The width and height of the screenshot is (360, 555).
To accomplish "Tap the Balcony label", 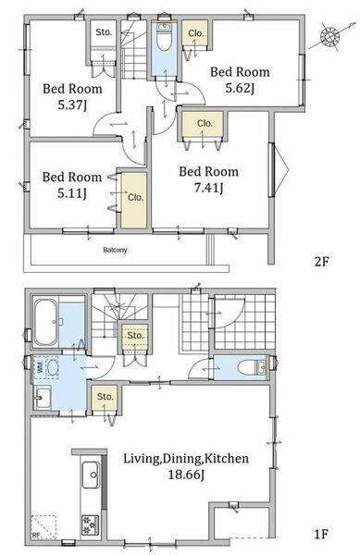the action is coord(115,250).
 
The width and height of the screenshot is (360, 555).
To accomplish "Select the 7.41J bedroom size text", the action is coord(208,188).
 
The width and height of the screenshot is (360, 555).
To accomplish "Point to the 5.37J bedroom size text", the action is coord(72,105).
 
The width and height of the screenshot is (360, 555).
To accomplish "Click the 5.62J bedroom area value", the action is coord(240,88).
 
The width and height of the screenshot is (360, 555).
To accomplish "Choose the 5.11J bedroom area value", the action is coord(72,193).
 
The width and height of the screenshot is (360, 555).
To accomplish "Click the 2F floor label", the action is coord(322,262).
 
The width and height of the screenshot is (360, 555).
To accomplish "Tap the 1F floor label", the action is coord(321,534).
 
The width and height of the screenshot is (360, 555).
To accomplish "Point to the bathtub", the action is coord(45,322).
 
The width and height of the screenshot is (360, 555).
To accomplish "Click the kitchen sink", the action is coord(91,475).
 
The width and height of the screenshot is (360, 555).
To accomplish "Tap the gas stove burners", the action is coord(91,524).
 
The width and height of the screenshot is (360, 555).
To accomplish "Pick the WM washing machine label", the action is coord(40,367).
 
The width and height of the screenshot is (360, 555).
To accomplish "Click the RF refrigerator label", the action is coord(36,536).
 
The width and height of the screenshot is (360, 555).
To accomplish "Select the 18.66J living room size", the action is coord(186,475).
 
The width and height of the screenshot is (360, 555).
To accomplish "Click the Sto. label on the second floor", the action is coord(104,32).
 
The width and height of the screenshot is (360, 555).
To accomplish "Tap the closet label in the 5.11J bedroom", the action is coord(135,197).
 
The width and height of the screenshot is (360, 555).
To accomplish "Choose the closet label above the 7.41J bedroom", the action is coord(205,123).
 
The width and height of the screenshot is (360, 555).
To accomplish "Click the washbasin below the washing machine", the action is coord(43,397).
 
